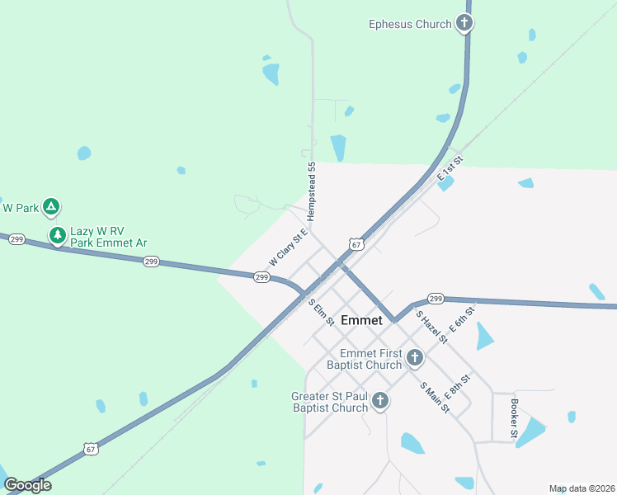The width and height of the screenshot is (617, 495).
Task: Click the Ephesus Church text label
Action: pyautogui.click(x=409, y=24)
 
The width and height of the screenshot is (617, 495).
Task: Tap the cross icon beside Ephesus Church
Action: pyautogui.click(x=465, y=23)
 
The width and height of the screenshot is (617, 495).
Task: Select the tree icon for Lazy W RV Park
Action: pyautogui.click(x=58, y=236)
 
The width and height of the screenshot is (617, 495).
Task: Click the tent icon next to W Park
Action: pyautogui.click(x=51, y=207)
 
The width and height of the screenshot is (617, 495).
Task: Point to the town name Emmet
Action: pyautogui.click(x=361, y=320)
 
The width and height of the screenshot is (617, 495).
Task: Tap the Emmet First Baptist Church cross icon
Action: pyautogui.click(x=414, y=358)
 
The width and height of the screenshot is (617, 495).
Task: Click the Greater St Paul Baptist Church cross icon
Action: pyautogui.click(x=380, y=401)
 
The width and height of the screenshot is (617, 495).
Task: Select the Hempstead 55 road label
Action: pyautogui.click(x=312, y=191)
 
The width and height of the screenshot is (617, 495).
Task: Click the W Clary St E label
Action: pyautogui.click(x=288, y=247)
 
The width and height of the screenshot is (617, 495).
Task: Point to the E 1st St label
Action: pyautogui.click(x=450, y=167)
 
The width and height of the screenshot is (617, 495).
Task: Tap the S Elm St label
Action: pyautogui.click(x=321, y=312)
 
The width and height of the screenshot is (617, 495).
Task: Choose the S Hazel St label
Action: pyautogui.click(x=431, y=327)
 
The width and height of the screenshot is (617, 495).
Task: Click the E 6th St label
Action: pyautogui.click(x=463, y=318)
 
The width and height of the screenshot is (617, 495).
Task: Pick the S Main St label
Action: pyautogui.click(x=435, y=398)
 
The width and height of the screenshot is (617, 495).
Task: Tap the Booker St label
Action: pyautogui.click(x=514, y=419)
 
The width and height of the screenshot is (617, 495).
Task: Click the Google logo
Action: pyautogui.click(x=27, y=485)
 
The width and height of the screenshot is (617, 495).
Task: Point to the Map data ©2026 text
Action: pyautogui.click(x=582, y=488)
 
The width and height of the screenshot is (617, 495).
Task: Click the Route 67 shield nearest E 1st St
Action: pyautogui.click(x=356, y=244)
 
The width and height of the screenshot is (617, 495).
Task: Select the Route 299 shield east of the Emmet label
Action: pyautogui.click(x=436, y=299)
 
